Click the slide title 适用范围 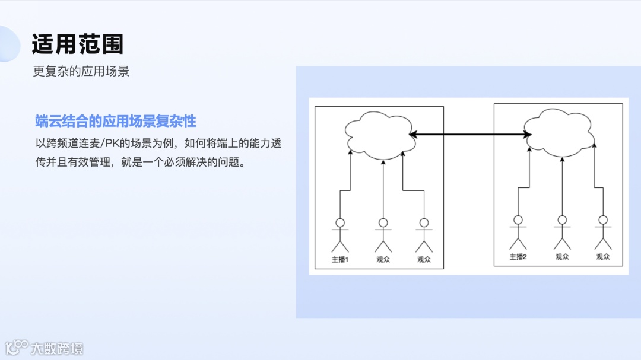coord(78,44)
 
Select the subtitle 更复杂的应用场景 coord(81,71)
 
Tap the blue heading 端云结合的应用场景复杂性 coord(116,122)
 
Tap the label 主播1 coord(340,259)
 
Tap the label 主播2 coord(518,257)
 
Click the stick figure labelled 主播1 coord(340,235)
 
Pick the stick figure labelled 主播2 coord(518,232)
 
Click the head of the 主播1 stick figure coord(340,223)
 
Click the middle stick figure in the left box coord(383,235)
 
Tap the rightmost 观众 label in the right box coord(603,257)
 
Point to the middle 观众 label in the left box coord(383,259)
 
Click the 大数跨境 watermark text coord(57,348)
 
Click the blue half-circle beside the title coord(9,44)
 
